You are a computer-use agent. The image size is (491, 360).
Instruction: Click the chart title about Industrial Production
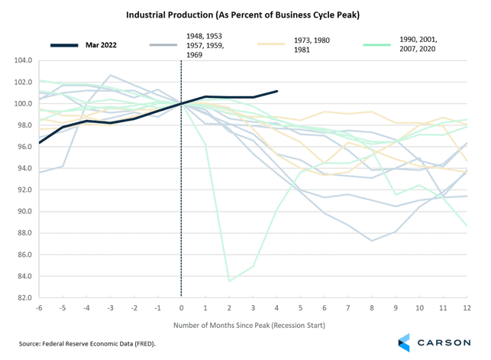pyautogui.click(x=244, y=14)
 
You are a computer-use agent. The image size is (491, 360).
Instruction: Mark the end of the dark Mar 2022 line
pyautogui.click(x=276, y=91)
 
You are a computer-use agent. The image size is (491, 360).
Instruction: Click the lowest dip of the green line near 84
pyautogui.click(x=229, y=281)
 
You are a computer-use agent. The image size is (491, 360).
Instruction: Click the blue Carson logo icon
pyautogui.click(x=405, y=343)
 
